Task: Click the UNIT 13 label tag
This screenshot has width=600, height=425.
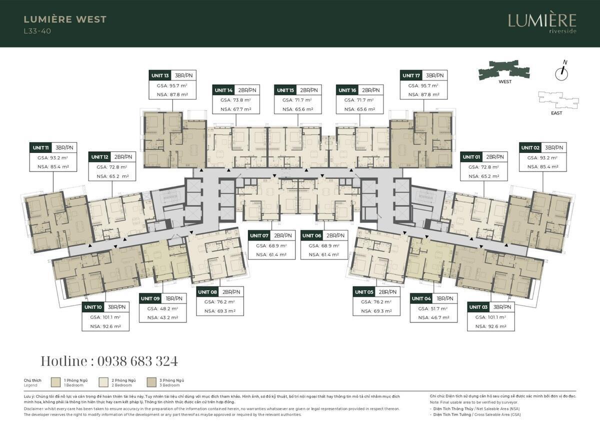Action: (160, 75)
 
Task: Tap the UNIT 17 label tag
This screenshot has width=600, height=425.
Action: (410, 75)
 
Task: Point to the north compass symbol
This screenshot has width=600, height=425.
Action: (562, 73)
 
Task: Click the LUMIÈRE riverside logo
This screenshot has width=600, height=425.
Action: (542, 22)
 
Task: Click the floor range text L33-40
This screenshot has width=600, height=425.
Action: (37, 31)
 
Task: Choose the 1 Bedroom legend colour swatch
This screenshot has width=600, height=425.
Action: (56, 382)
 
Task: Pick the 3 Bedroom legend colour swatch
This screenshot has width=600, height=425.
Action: (152, 382)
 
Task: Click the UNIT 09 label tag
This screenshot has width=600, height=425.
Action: (150, 298)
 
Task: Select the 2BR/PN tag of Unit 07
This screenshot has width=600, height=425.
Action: (282, 235)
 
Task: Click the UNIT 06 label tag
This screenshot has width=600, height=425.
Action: (312, 235)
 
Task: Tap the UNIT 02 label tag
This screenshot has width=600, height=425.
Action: (530, 147)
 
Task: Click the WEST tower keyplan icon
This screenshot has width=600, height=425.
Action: (504, 69)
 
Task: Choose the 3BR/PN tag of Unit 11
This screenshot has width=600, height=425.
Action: (64, 147)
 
